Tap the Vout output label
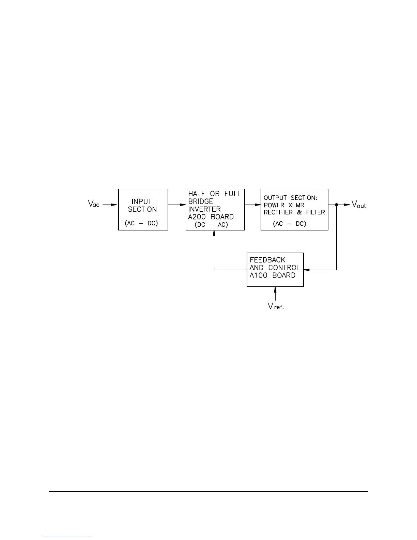tap(359, 205)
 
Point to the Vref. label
tap(276, 306)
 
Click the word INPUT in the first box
tap(142, 201)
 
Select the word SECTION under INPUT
tap(142, 209)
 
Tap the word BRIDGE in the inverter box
tap(200, 201)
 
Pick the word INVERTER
tap(204, 209)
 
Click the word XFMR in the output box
tap(296, 205)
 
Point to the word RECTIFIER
tap(278, 212)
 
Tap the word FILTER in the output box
tap(315, 212)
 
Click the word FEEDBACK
tap(267, 260)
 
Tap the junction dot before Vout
tap(337, 205)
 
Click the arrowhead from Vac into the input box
tap(115, 205)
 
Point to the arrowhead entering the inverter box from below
tap(214, 234)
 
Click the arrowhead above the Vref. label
tap(275, 290)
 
